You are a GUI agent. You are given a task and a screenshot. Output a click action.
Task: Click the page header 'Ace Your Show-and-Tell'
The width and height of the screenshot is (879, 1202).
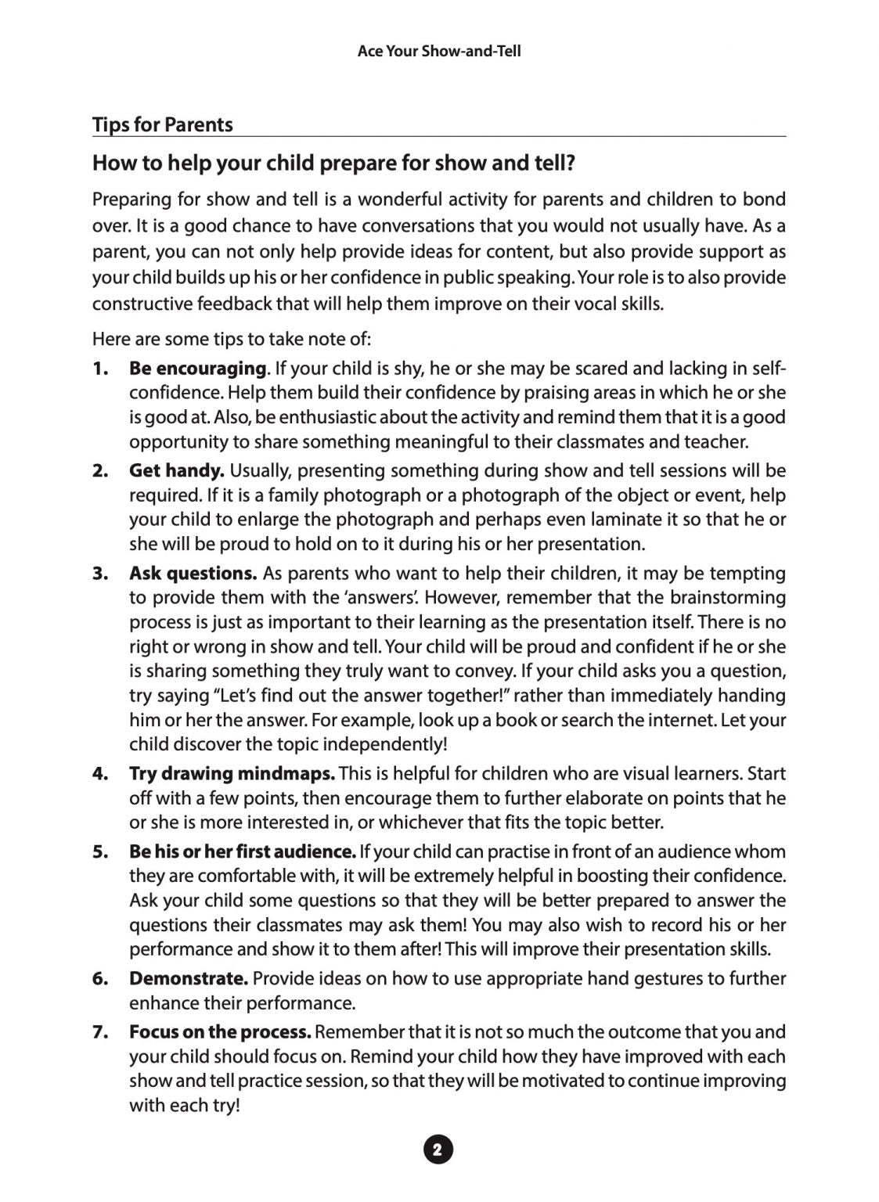click(438, 52)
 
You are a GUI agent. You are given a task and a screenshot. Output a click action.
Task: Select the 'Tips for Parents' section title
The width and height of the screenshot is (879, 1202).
click(163, 125)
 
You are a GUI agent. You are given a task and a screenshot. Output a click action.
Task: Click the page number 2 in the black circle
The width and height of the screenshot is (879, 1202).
click(438, 1150)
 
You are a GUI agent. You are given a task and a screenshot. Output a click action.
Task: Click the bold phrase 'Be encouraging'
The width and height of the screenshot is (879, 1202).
click(197, 369)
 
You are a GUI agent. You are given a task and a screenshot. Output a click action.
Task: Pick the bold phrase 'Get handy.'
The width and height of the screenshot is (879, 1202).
click(177, 471)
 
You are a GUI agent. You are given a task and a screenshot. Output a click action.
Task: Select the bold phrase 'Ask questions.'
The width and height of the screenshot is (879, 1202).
click(193, 574)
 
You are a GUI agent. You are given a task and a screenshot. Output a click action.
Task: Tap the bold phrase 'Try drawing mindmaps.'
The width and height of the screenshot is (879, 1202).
click(232, 774)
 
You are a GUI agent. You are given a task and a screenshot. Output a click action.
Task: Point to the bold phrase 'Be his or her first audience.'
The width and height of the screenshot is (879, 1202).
click(243, 851)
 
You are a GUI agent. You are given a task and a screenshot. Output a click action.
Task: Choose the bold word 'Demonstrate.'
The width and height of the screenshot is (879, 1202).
click(189, 979)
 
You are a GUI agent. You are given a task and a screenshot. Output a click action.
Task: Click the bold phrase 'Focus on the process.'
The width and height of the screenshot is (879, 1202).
click(220, 1033)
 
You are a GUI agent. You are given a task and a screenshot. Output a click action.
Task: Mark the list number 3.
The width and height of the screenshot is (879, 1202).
click(99, 574)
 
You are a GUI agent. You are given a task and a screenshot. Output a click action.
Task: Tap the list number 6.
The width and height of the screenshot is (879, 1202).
click(99, 979)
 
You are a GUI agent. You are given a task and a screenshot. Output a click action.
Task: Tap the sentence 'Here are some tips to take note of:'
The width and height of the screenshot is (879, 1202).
click(232, 339)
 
